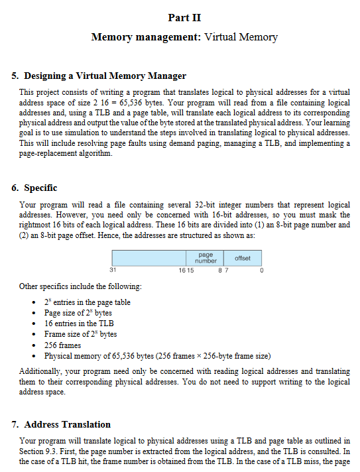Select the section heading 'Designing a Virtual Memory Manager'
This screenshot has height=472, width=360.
pyautogui.click(x=105, y=76)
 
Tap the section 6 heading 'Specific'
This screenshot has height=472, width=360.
pyautogui.click(x=40, y=188)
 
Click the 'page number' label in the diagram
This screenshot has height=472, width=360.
pyautogui.click(x=206, y=258)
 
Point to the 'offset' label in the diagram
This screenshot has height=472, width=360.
pyautogui.click(x=243, y=257)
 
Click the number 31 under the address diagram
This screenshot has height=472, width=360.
pyautogui.click(x=113, y=270)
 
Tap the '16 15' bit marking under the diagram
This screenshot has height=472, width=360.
pyautogui.click(x=186, y=270)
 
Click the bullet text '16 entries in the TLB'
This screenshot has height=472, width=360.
pyautogui.click(x=80, y=324)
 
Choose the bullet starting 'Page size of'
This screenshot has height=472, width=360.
pyautogui.click(x=78, y=313)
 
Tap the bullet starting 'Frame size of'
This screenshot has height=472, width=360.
pyautogui.click(x=80, y=334)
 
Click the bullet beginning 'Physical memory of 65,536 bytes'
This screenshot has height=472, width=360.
pyautogui.click(x=156, y=355)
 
